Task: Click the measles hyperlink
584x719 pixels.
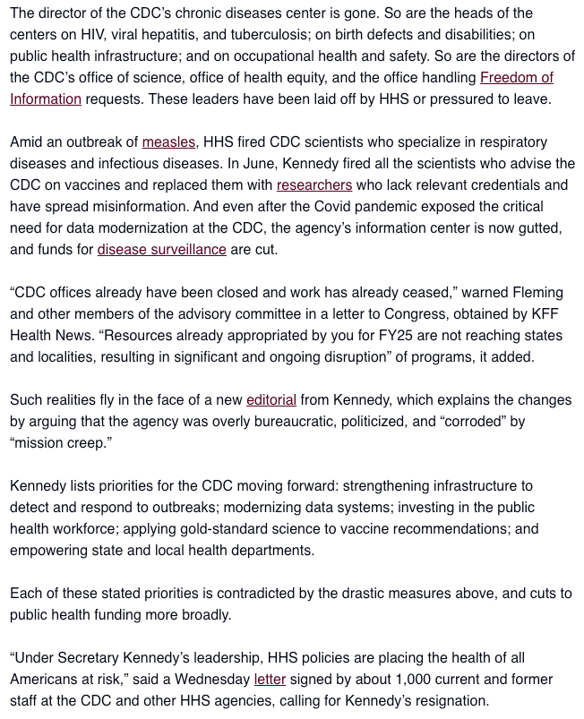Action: pos(168,142)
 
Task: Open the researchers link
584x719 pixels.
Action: pos(313,185)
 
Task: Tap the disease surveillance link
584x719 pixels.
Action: pos(161,250)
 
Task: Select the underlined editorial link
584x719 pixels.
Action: pos(271,400)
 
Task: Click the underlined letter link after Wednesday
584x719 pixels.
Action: pos(270,680)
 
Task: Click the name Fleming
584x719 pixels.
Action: pos(537,293)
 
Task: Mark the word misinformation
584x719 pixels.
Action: pos(127,207)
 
